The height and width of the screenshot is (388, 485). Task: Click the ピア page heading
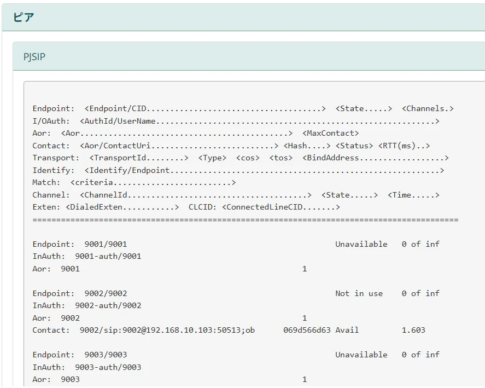[24, 17]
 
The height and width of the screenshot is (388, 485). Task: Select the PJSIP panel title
[34, 57]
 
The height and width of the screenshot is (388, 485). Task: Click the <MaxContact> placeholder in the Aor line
[331, 133]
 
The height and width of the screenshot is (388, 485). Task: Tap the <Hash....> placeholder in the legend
[307, 146]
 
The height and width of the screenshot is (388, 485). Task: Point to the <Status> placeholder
[354, 146]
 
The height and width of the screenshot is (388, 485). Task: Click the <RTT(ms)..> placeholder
[404, 146]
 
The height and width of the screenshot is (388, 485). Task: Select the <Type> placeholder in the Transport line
[212, 158]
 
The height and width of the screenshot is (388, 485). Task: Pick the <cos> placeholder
[248, 158]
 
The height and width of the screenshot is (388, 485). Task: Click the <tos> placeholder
[281, 158]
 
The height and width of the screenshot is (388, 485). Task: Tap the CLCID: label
[203, 207]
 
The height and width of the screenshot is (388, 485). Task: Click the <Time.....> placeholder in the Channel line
[413, 195]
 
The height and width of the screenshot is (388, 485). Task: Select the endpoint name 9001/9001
[106, 244]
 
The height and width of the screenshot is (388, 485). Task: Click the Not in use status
[359, 293]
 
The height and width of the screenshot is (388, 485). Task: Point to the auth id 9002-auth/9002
[108, 305]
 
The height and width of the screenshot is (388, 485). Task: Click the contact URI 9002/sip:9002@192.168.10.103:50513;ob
[167, 330]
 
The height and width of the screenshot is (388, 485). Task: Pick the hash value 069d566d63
[307, 330]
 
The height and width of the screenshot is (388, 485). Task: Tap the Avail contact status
[347, 330]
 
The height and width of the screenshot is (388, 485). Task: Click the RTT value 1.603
[413, 330]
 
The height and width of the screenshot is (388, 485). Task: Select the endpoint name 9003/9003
[106, 355]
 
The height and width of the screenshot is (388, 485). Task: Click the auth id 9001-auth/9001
[108, 256]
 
